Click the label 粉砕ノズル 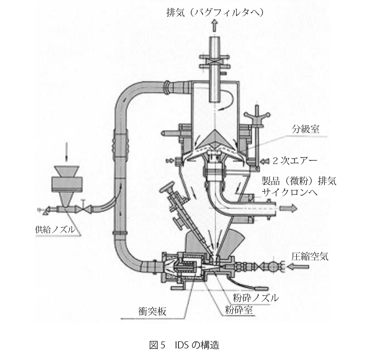pos(255,297)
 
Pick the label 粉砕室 pos(239,309)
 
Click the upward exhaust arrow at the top pos(215,27)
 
